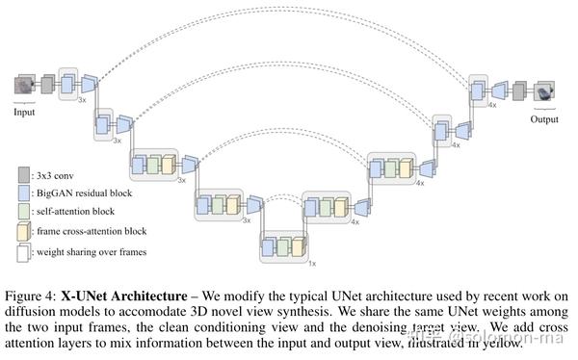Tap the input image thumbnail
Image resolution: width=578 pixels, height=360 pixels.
click(24, 86)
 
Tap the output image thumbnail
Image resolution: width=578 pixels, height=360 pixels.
click(545, 91)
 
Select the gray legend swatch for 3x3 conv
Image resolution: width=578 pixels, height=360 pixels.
click(23, 175)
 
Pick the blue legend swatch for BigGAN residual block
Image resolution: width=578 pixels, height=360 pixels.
click(23, 193)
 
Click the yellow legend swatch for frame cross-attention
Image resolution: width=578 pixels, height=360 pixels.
click(23, 232)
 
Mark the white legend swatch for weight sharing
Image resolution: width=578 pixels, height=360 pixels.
click(23, 251)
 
